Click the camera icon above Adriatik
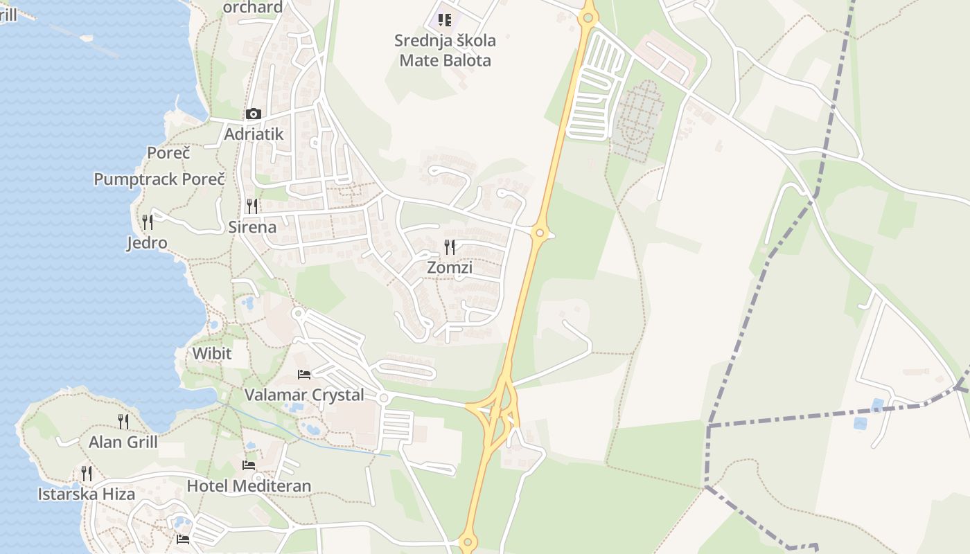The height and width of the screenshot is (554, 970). click(x=254, y=114)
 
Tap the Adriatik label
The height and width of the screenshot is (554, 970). click(x=254, y=134)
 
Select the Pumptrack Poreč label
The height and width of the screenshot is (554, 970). click(x=159, y=179)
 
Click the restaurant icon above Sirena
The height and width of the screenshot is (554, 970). click(x=252, y=206)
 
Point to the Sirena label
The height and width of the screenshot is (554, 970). click(x=252, y=226)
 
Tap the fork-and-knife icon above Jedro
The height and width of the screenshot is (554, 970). click(x=147, y=222)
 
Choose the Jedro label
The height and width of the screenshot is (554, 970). click(x=147, y=243)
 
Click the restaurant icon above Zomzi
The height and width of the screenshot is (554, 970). click(x=450, y=247)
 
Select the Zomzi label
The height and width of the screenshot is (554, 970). click(x=450, y=267)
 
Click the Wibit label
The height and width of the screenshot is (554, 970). click(x=212, y=354)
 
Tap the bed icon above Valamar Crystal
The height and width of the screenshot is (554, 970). click(x=304, y=375)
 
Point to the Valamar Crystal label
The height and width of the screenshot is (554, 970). click(x=304, y=395)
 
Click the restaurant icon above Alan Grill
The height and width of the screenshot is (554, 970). click(x=123, y=421)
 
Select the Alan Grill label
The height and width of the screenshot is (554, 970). click(x=123, y=442)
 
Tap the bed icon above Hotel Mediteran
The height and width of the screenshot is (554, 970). click(x=249, y=465)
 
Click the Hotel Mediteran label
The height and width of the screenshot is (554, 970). click(x=249, y=485)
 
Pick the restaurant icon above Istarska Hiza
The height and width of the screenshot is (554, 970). click(x=87, y=474)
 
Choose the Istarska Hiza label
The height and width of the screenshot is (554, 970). click(x=87, y=494)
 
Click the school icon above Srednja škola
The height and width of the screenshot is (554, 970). click(x=445, y=19)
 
